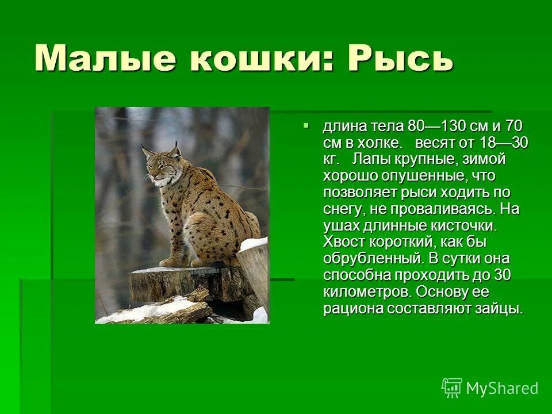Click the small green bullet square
coord(306,125)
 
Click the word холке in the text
coord(381,142)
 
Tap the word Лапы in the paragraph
coord(371,159)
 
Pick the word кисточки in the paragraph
coord(459,225)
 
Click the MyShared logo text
coord(502,388)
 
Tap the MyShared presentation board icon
coord(451,388)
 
